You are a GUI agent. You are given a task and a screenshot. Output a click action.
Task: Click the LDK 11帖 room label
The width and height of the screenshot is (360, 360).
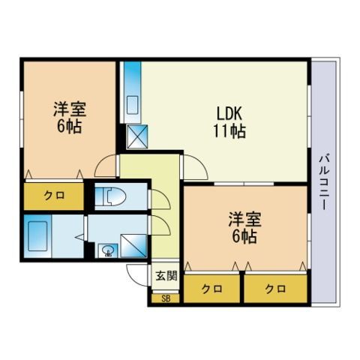pyautogui.click(x=229, y=122)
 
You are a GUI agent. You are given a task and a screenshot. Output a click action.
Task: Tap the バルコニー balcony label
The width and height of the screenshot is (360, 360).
pyautogui.click(x=324, y=182)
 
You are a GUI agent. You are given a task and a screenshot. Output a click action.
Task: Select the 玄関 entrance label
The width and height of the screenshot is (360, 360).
pyautogui.click(x=166, y=275)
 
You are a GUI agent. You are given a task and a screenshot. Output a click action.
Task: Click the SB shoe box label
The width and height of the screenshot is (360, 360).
pyautogui.click(x=166, y=298)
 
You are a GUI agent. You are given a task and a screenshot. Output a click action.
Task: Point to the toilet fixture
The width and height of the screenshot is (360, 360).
pyautogui.click(x=114, y=196)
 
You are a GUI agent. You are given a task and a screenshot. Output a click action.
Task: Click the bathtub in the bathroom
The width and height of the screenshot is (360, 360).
pyautogui.click(x=37, y=235)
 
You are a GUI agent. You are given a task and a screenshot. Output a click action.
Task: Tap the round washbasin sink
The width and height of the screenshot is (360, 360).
pyautogui.click(x=108, y=250)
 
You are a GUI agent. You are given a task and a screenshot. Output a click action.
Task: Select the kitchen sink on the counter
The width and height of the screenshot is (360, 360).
pyautogui.click(x=133, y=104)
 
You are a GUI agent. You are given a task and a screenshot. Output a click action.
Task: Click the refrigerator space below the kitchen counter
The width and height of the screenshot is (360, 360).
pyautogui.click(x=137, y=136)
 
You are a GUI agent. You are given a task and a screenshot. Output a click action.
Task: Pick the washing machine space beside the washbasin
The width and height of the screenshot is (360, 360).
pyautogui.click(x=133, y=246)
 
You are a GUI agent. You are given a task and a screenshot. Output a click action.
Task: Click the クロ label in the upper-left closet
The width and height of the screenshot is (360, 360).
pyautogui.click(x=54, y=196)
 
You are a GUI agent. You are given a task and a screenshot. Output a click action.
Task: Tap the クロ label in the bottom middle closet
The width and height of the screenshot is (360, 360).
pyautogui.click(x=211, y=289)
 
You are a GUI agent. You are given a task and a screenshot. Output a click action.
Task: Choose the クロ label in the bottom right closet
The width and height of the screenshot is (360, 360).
pyautogui.click(x=275, y=289)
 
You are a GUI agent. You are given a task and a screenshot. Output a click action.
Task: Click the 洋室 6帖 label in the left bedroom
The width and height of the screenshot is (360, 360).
pyautogui.click(x=70, y=117)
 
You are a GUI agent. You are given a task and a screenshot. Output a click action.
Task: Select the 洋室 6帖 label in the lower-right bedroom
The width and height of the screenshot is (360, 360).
pyautogui.click(x=244, y=227)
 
